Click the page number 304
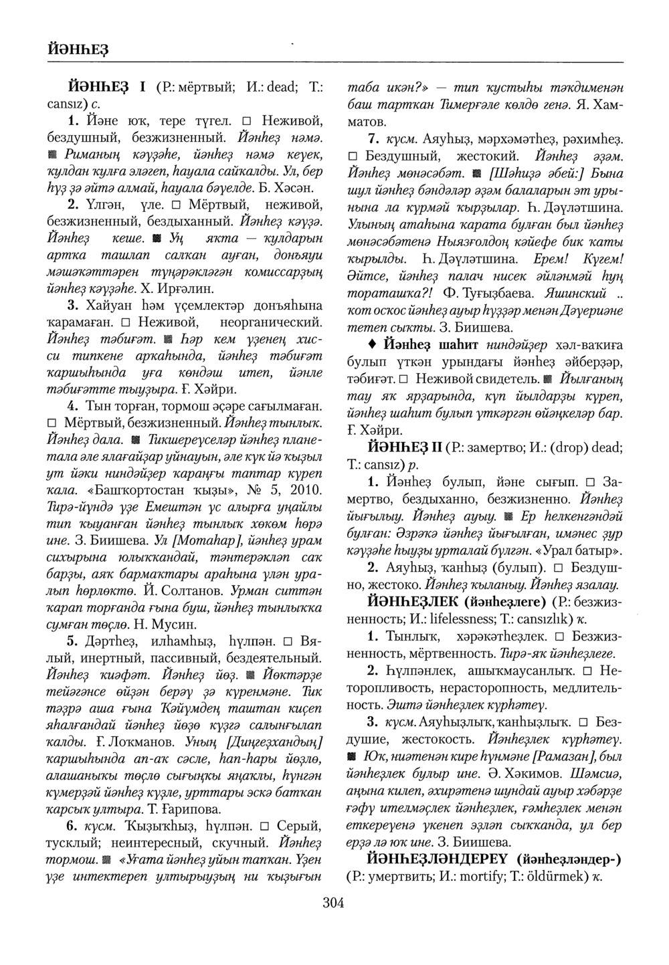click(332, 903)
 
